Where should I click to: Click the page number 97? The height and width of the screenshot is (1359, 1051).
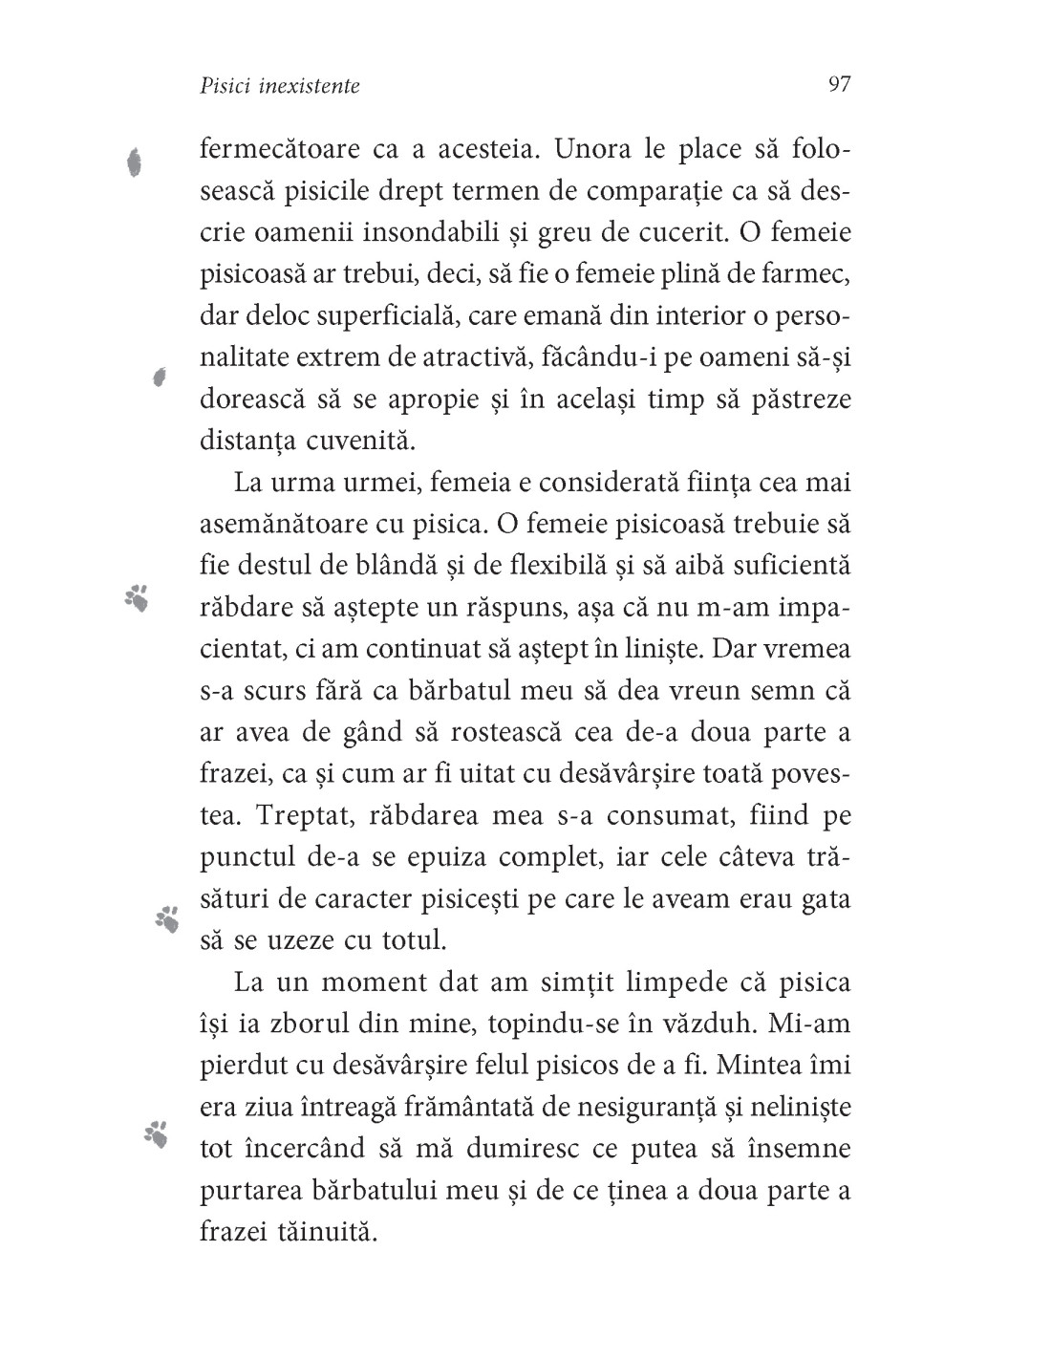coord(839,84)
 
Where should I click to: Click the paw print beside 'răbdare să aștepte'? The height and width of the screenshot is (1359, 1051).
coord(137,597)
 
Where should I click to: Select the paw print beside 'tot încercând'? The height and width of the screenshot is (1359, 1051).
coord(156,1134)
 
